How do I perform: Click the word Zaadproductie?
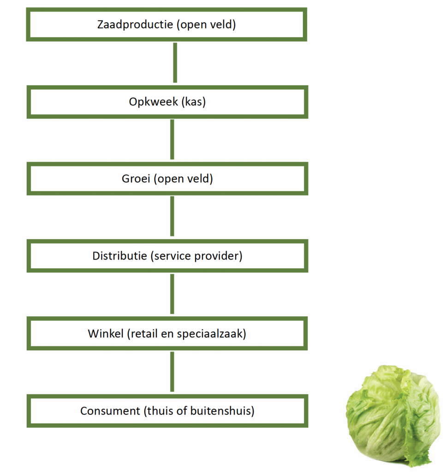135,24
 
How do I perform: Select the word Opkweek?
153,102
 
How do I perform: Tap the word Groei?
136,179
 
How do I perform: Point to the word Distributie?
119,256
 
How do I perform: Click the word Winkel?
106,334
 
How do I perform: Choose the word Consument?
110,411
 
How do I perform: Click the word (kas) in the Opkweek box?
194,102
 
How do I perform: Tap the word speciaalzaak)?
211,334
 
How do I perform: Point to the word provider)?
218,256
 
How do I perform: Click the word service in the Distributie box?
171,256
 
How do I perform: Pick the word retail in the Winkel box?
142,334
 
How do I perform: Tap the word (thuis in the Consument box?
159,411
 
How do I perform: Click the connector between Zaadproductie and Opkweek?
175,63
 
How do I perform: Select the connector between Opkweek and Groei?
172,139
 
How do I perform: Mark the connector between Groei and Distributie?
172,216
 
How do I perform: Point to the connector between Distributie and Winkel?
172,294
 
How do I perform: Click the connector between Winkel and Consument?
172,372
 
